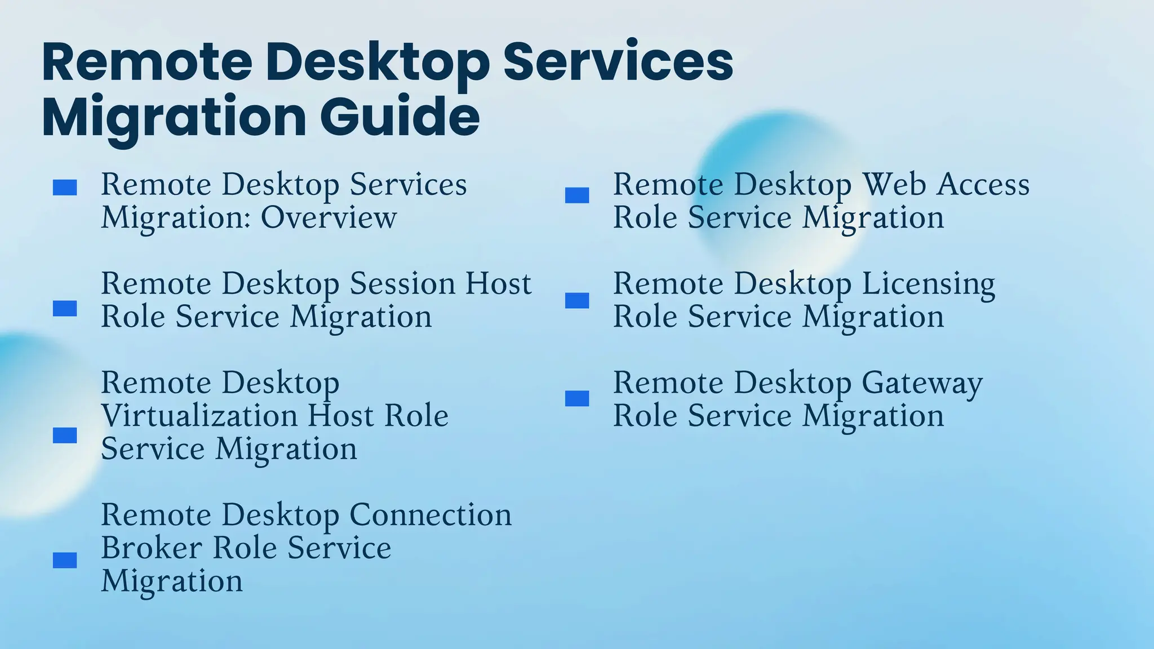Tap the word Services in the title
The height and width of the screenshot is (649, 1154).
[x=618, y=61]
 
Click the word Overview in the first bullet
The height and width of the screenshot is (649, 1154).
[x=329, y=217]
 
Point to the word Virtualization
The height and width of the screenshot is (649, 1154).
[x=199, y=416]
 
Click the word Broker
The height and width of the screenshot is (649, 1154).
[x=152, y=548]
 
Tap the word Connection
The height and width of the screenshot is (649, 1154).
[x=430, y=515]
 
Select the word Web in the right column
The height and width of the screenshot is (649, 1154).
[x=894, y=185]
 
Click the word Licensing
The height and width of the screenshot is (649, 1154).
[x=928, y=285]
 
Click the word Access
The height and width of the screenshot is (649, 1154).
[x=983, y=185]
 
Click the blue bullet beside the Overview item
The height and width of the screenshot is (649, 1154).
[x=65, y=188]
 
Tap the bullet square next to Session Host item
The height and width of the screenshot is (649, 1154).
[x=65, y=308]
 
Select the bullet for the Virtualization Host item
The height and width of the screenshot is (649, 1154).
[x=65, y=435]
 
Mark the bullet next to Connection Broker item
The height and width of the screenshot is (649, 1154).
[x=65, y=560]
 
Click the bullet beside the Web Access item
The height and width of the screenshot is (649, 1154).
[x=577, y=195]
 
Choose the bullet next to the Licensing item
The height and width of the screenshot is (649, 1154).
[x=577, y=300]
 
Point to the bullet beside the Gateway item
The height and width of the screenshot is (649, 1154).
[x=577, y=398]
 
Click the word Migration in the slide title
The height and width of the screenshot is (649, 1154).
[x=174, y=118]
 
